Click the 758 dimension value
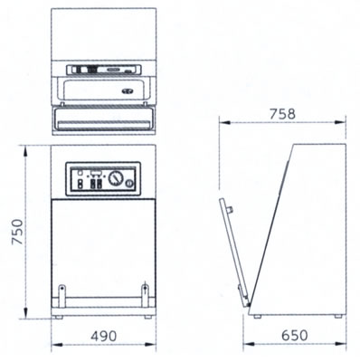click(282, 114)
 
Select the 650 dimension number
click(295, 335)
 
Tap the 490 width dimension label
click(103, 336)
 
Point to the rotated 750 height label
click(17, 232)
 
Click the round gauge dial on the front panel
click(116, 178)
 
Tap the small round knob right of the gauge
click(129, 183)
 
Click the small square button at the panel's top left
click(81, 173)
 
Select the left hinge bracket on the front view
click(62, 296)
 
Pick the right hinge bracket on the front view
click(145, 296)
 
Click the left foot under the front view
click(59, 317)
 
